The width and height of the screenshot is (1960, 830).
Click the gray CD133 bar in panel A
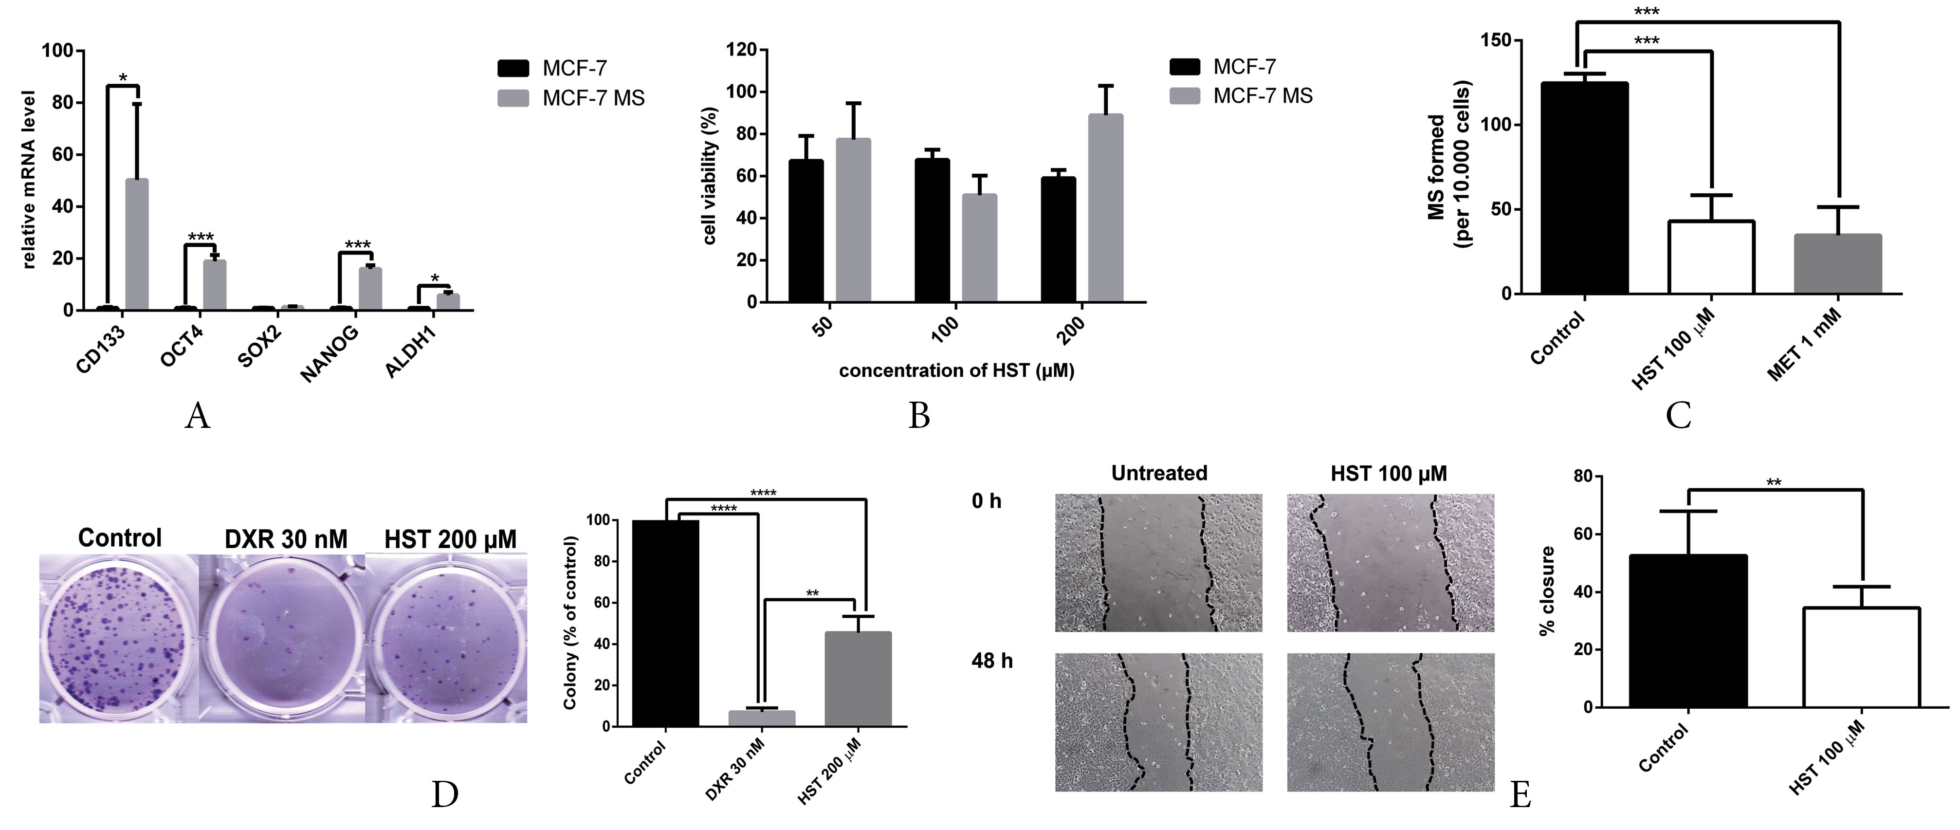coord(137,244)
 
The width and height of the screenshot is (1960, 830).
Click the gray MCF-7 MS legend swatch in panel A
coord(513,98)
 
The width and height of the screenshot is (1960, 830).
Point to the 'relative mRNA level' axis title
coord(29,180)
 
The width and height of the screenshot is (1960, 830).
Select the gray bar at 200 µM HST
coord(1105,208)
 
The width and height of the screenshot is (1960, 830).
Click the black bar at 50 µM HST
coord(806,231)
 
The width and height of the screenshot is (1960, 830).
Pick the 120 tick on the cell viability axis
coord(741,50)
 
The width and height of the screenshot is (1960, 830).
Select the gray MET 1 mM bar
coord(1837,263)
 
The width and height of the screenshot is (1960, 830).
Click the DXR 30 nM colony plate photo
coord(281,638)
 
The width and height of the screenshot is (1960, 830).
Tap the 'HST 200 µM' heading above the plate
coord(450,539)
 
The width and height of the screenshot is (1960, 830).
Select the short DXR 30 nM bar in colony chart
coord(762,718)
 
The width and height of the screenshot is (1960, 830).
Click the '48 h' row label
coord(991,660)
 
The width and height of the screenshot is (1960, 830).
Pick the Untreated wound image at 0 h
coord(1158,563)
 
